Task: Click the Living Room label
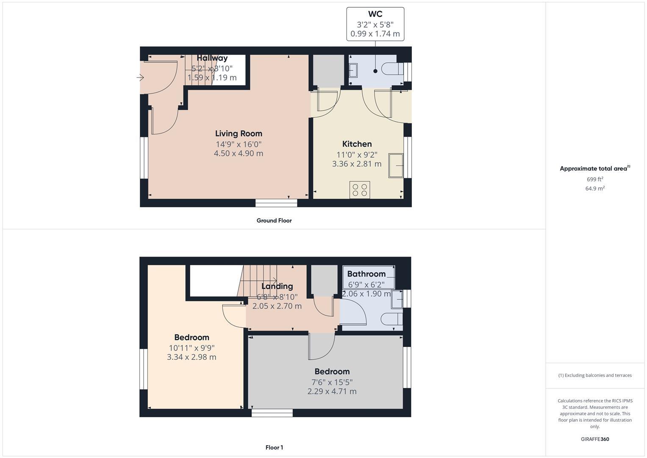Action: coord(239,134)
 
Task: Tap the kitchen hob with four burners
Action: coord(360,190)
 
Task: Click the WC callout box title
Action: coord(375,14)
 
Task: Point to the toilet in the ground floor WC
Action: coord(392,69)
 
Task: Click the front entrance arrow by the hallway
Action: coord(140,78)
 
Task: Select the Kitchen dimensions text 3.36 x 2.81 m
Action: coord(357,164)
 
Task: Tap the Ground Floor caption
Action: coord(274,221)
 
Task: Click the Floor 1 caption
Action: coord(274,447)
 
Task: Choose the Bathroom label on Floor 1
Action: coord(366,274)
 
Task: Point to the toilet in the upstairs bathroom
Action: coord(391,319)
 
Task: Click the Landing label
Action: coord(277,286)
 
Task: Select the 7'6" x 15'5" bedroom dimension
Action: coord(332,382)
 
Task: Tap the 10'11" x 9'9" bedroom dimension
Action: coord(192,348)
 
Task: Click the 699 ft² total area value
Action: coord(595,179)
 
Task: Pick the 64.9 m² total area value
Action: coord(595,188)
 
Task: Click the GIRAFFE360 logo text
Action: coord(595,439)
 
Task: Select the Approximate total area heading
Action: coord(594,169)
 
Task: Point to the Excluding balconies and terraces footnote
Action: coord(595,375)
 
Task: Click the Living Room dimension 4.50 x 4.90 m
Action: coord(239,154)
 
